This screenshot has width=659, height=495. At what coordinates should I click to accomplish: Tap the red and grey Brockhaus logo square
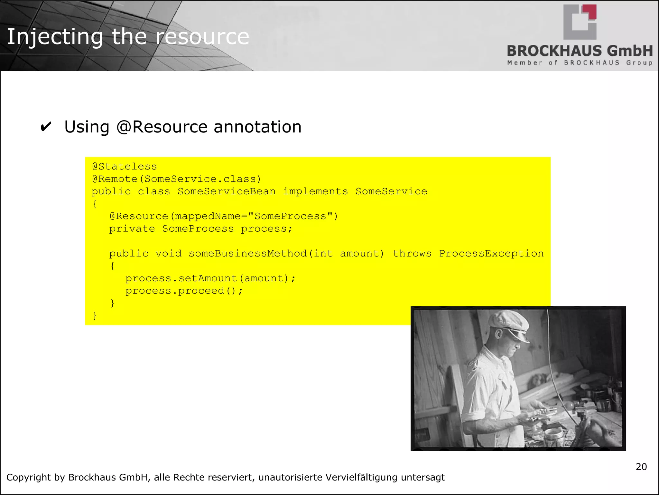click(x=580, y=22)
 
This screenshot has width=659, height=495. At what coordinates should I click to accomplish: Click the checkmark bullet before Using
click(x=46, y=127)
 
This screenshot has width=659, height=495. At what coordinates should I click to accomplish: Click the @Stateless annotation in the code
click(x=125, y=167)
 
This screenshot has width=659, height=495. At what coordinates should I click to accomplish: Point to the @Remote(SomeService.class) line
click(x=176, y=179)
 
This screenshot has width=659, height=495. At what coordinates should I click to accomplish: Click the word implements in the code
click(x=315, y=191)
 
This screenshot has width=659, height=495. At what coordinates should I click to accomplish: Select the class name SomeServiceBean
click(x=227, y=191)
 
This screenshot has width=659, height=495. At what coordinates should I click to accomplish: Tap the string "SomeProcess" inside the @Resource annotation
click(x=290, y=216)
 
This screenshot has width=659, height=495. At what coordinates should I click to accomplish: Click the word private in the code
click(x=132, y=229)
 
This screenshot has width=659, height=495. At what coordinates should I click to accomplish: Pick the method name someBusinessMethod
click(x=248, y=254)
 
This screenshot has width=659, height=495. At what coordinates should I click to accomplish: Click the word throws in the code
click(x=412, y=254)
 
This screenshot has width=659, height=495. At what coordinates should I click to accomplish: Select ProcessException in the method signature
click(x=491, y=254)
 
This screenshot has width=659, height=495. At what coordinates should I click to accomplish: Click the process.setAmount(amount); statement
click(x=210, y=278)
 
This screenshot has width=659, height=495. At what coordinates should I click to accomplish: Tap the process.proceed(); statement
click(x=184, y=291)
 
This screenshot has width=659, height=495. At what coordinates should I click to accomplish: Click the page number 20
click(x=641, y=467)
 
